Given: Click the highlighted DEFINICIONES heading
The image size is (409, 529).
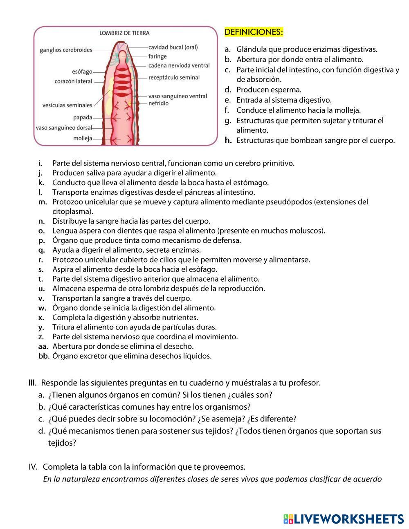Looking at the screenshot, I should pos(254,32).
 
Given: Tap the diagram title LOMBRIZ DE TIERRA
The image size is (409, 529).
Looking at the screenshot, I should pos(124,33).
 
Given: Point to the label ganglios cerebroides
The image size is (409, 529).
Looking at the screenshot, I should pos(66,50).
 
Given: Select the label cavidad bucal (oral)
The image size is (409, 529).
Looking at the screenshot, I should pos(173,47).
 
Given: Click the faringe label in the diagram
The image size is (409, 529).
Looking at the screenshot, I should pos(157,56).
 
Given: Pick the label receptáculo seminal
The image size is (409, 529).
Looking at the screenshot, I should pos(174,77).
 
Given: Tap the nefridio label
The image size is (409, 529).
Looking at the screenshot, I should pos(158,103).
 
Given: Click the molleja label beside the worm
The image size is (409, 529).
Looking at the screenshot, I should pos(83,138).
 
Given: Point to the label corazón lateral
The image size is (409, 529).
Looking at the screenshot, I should pos(74,81).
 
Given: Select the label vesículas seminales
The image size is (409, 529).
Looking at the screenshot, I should pos(67,105).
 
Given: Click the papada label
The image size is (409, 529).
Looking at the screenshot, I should pos(83,118).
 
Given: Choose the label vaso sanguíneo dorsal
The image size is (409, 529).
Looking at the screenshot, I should pos(64,128).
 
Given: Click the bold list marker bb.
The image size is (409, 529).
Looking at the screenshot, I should pos(43,356).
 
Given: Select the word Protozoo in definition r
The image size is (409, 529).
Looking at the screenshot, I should pos(67,260).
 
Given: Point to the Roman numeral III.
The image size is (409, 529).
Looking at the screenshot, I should pos(33,383).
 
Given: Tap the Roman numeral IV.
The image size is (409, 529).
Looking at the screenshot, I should pos(33,467).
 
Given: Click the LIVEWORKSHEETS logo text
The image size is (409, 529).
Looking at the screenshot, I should pos(348,519).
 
